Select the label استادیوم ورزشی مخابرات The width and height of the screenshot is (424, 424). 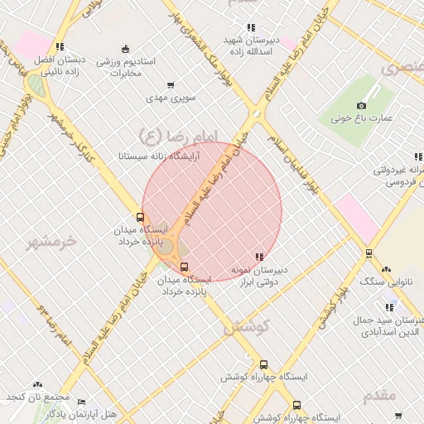[120, 67]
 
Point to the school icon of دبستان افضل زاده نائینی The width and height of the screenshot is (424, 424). [59, 47]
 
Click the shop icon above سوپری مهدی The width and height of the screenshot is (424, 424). [171, 84]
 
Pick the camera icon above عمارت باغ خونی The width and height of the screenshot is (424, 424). [361, 105]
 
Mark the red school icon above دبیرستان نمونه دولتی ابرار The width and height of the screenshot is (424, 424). [260, 257]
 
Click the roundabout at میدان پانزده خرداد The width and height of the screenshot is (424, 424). [166, 247]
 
